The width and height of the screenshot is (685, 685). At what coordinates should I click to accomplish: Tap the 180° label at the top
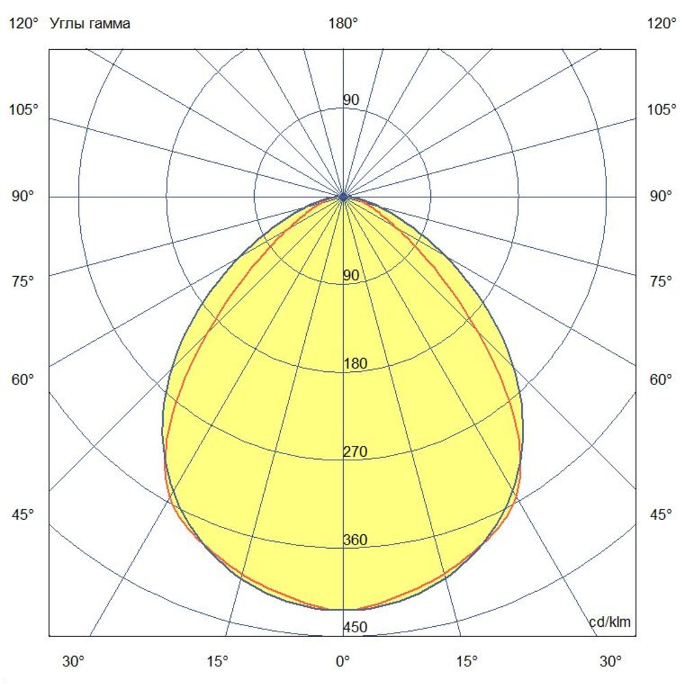tap(343, 24)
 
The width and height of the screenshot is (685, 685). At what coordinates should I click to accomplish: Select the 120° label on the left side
tap(23, 24)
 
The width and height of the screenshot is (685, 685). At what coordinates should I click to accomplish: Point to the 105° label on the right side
tap(662, 110)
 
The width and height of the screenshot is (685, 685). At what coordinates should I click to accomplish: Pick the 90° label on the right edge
tap(661, 197)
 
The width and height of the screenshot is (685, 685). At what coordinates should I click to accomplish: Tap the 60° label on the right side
tap(661, 379)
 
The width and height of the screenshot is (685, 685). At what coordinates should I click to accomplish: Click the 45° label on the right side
tap(661, 514)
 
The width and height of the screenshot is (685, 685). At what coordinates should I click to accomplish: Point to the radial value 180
tap(356, 364)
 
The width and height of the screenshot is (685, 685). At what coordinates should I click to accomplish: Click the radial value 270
tap(356, 452)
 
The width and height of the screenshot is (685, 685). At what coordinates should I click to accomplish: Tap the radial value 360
tap(356, 540)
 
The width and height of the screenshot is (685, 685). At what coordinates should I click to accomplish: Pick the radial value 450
tap(356, 627)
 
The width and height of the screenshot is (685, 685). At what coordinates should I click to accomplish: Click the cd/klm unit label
tap(610, 622)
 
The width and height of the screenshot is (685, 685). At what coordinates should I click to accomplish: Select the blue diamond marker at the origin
tap(343, 197)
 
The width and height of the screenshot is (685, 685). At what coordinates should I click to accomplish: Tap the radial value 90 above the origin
tap(351, 100)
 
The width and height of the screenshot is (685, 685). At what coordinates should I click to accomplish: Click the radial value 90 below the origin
tap(351, 275)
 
